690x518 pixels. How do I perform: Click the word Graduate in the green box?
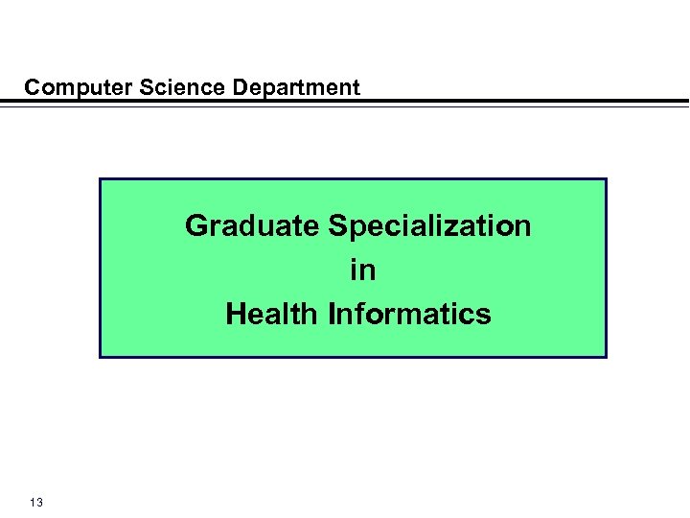coord(253,226)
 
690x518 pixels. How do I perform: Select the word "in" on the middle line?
coord(362,271)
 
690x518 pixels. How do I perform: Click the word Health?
coord(273,314)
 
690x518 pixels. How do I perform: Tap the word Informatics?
coord(409,314)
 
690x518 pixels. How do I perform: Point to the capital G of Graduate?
coord(196,226)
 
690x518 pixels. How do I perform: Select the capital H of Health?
coord(236,314)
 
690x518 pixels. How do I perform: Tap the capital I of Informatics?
coord(332,314)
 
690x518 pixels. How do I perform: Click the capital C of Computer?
coord(33,88)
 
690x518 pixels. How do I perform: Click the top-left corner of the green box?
coord(101,179)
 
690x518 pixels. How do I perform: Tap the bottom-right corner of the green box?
coord(606,357)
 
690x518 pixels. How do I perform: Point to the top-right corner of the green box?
coord(606,179)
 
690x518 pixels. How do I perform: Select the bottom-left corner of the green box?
coord(101,357)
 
